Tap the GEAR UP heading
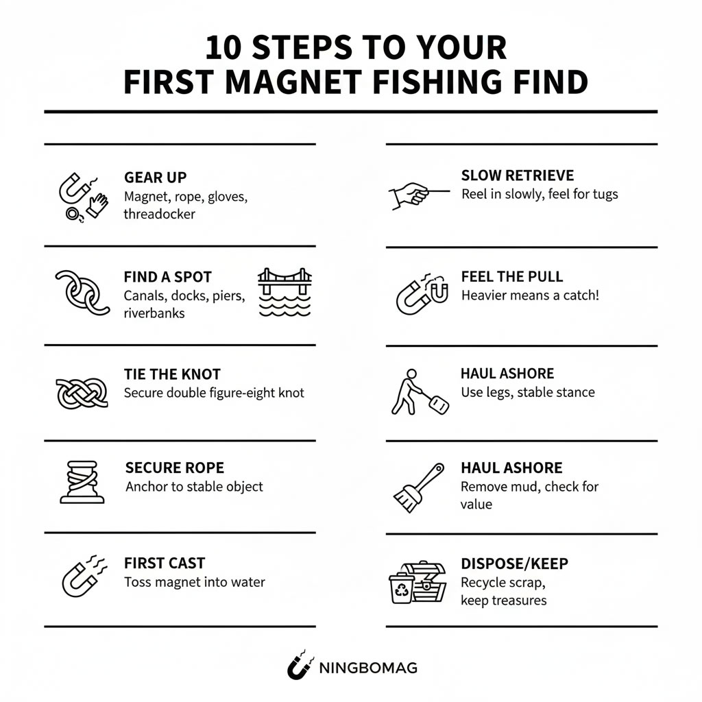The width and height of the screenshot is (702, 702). pos(155,178)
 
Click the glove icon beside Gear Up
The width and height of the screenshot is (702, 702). pos(97,205)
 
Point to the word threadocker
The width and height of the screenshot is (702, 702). pos(159,214)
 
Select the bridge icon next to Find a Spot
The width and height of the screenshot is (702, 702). pos(285,291)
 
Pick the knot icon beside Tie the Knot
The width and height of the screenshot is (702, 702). pos(81,393)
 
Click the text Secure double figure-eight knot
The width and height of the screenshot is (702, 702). pos(214,393)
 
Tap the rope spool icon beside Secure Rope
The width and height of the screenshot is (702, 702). pos(82,482)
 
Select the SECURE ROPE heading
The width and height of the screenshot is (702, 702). pos(174,468)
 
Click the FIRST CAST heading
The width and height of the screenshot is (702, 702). pos(165,564)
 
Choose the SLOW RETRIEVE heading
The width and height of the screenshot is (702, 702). pos(517,176)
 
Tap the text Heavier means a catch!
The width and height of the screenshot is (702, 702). pos(530,295)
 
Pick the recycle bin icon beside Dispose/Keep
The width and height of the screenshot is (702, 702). pos(401,588)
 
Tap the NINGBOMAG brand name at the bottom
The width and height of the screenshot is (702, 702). pos(368,667)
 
